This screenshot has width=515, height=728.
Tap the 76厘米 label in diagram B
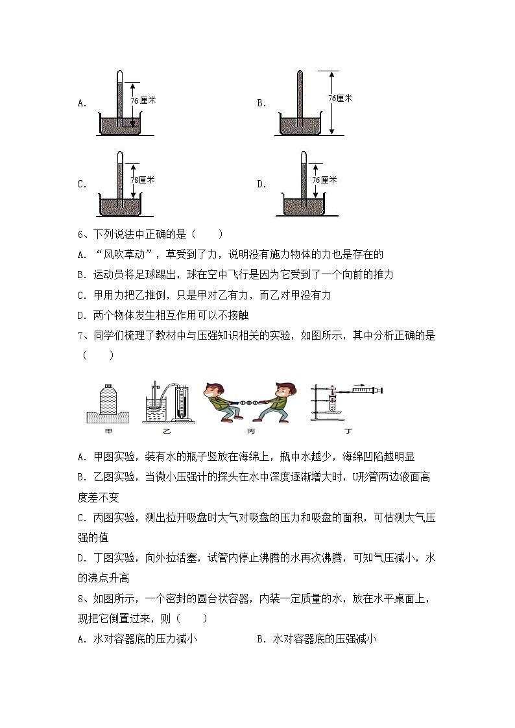(x=340, y=98)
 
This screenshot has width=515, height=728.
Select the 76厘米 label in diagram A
(x=143, y=100)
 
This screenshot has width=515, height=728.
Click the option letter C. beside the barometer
(x=82, y=184)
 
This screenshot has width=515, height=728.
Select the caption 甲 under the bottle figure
(x=108, y=431)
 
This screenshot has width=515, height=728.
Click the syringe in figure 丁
(x=363, y=390)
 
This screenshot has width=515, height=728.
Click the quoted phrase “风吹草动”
(x=124, y=255)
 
